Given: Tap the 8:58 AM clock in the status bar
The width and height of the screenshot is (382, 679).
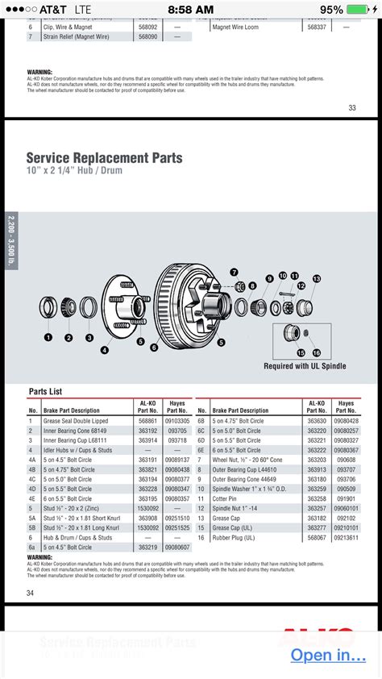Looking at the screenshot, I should (190, 10).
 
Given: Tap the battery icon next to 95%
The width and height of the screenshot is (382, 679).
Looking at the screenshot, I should (362, 10).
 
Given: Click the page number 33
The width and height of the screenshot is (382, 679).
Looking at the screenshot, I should (351, 107).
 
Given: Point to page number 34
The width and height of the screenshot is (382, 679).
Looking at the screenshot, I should (31, 594).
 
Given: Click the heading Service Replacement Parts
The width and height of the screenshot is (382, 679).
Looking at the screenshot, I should (104, 158).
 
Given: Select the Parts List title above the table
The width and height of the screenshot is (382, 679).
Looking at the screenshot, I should (45, 391).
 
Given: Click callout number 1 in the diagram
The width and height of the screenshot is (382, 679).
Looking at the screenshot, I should (48, 337).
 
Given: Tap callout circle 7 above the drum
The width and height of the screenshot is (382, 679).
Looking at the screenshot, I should (234, 272).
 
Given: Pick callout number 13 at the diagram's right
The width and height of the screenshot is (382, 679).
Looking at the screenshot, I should (316, 278).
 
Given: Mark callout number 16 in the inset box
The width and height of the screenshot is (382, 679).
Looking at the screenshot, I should (316, 352).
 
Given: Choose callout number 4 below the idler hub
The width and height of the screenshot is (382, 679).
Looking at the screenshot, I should (105, 350).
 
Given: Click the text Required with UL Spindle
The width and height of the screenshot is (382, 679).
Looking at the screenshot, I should (305, 366).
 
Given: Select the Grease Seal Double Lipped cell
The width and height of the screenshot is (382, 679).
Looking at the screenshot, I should (76, 420).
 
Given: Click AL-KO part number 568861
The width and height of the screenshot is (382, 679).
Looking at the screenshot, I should (147, 420).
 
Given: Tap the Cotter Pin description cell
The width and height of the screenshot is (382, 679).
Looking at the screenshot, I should (229, 498).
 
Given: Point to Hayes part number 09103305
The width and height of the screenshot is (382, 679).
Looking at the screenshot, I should (177, 420).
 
